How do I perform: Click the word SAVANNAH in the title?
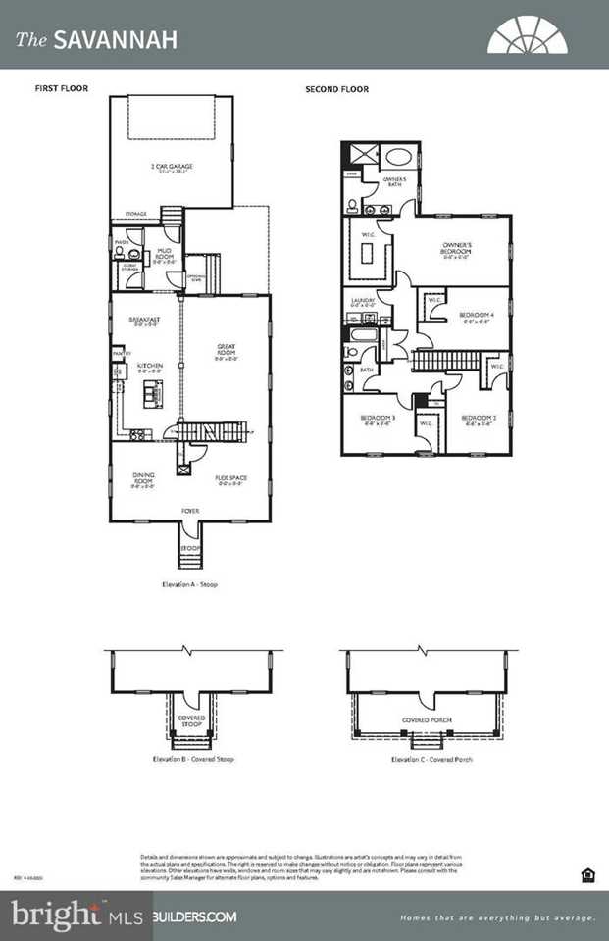[x=116, y=40]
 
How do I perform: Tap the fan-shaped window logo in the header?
[x=527, y=35]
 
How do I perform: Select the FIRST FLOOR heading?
[x=62, y=89]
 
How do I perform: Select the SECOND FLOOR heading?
[x=336, y=89]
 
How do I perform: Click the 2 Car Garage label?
[x=171, y=168]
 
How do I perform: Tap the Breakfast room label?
[x=144, y=321]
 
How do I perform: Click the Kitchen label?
[x=149, y=367]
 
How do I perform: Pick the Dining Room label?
[x=144, y=478]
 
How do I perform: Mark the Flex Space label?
[x=231, y=479]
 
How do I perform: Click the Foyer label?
[x=190, y=510]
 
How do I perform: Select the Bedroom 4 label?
[x=477, y=317]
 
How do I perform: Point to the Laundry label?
[x=362, y=303]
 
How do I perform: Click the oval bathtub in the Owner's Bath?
[x=399, y=157]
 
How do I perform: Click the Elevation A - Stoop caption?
[x=190, y=584]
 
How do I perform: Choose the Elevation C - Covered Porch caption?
[x=431, y=759]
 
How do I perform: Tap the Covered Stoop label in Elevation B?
[x=191, y=720]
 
